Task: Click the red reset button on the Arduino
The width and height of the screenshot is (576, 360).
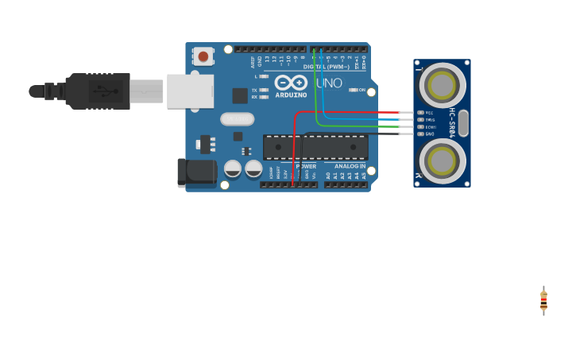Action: [x=203, y=56]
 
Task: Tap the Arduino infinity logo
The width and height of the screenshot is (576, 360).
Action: [x=290, y=82]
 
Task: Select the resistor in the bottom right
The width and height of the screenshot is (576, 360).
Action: [x=543, y=300]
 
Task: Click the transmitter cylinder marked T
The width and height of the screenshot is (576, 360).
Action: [x=442, y=83]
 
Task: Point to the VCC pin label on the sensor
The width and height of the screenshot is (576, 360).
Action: [x=429, y=113]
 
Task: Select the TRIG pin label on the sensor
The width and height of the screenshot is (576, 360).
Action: [x=430, y=120]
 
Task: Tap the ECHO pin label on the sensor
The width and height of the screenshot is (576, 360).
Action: [x=430, y=126]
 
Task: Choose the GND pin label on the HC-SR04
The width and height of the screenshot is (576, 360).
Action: [x=429, y=134]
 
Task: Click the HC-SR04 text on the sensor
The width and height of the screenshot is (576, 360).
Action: [x=452, y=122]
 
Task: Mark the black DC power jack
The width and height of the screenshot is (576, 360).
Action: [x=195, y=172]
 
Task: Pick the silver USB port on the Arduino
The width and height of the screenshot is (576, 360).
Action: [x=190, y=91]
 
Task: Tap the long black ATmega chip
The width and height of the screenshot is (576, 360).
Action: [x=315, y=147]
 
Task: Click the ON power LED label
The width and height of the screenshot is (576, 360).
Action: [x=362, y=90]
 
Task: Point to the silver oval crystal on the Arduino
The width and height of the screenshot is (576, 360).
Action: [x=237, y=119]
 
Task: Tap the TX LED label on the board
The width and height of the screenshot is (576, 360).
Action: [x=254, y=90]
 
